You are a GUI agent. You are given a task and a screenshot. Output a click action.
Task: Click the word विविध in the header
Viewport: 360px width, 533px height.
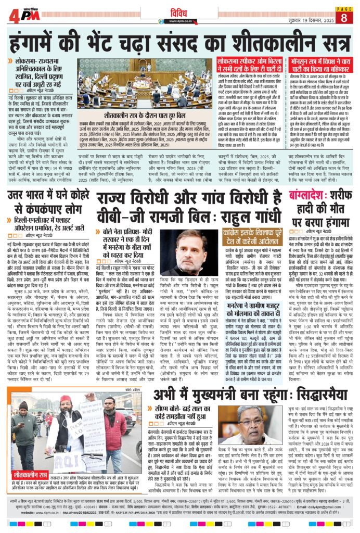[x=181, y=9]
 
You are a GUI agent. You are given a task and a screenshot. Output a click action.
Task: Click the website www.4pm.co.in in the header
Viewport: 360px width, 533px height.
[x=180, y=21]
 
